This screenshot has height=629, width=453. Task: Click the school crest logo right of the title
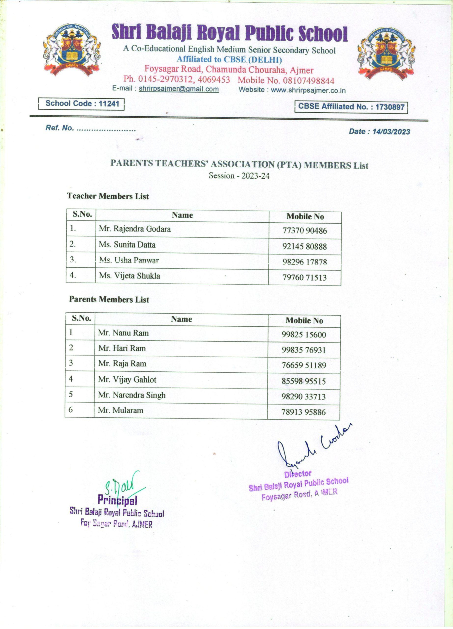click(x=386, y=53)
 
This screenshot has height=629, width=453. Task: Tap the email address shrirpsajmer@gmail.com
click(x=179, y=89)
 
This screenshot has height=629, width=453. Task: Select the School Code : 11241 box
click(x=81, y=104)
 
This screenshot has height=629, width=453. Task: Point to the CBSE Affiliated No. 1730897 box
click(x=351, y=107)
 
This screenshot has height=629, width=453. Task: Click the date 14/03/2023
click(x=391, y=132)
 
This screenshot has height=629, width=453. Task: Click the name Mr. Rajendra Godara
click(x=135, y=229)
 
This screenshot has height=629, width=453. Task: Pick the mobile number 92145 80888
click(x=304, y=246)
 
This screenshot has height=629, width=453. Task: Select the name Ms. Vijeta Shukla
click(x=130, y=276)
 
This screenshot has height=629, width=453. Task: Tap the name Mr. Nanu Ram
click(x=123, y=333)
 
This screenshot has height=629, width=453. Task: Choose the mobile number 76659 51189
click(x=304, y=365)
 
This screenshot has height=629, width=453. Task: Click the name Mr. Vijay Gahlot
click(x=127, y=380)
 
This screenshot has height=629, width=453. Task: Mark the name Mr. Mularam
click(x=120, y=410)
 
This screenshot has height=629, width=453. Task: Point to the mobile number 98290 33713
click(x=303, y=397)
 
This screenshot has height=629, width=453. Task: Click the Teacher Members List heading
click(x=108, y=196)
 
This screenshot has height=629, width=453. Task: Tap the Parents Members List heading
click(x=109, y=299)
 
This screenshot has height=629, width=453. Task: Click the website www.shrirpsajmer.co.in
click(x=308, y=91)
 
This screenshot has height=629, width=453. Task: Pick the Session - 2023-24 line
click(x=239, y=176)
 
